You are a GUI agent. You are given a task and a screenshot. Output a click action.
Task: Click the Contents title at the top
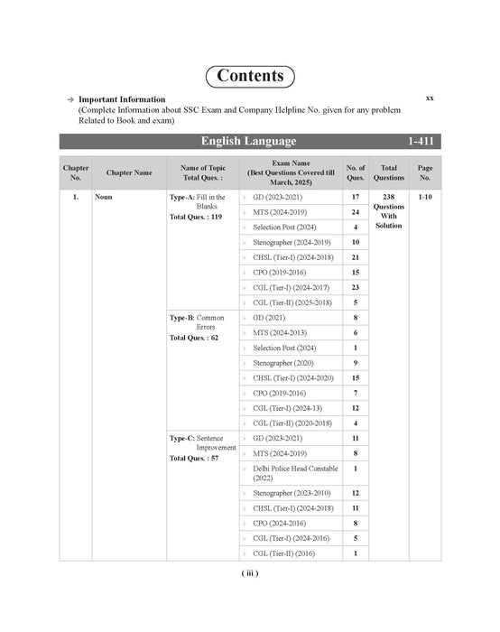[250, 76]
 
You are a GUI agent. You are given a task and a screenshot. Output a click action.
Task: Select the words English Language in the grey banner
[248, 142]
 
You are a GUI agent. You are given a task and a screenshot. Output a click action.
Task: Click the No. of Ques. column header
[356, 172]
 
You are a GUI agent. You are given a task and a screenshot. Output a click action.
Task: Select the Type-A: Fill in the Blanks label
[198, 200]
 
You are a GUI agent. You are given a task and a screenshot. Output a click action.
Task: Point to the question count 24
[356, 211]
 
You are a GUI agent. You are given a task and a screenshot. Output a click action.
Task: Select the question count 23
[356, 287]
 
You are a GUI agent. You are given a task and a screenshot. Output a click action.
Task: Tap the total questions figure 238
[389, 196]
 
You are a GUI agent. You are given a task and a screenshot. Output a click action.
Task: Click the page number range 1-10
[424, 196]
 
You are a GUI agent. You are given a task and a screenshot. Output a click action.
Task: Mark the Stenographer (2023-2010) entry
[292, 493]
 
